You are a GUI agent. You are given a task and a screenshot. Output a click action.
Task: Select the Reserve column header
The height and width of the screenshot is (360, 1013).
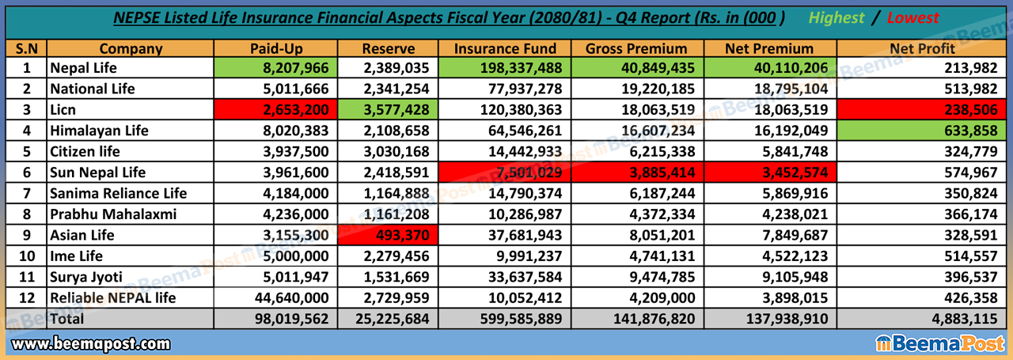(389, 48)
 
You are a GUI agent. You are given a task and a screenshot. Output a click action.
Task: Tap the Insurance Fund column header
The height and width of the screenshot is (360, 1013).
(505, 48)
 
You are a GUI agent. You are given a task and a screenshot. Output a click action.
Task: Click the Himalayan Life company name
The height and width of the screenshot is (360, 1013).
(99, 131)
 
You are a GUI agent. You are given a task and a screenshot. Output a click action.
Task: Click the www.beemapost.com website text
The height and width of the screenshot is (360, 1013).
(91, 344)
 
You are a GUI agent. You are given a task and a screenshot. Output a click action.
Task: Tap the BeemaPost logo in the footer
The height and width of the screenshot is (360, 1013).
(940, 344)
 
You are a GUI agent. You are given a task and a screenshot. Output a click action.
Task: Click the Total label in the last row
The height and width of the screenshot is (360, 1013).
(69, 319)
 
